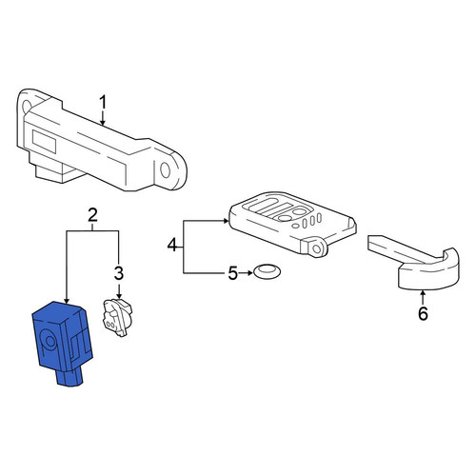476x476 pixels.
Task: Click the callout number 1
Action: [x=103, y=103]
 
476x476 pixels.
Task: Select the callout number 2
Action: [x=92, y=215]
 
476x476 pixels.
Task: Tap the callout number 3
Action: [x=119, y=273]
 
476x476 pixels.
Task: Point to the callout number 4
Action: [x=172, y=245]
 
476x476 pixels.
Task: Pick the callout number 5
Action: [x=233, y=273]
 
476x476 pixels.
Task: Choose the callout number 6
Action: [x=423, y=313]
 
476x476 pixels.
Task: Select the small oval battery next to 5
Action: [x=267, y=271]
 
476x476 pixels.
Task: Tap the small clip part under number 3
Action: [x=117, y=317]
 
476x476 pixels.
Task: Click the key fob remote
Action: [x=292, y=222]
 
